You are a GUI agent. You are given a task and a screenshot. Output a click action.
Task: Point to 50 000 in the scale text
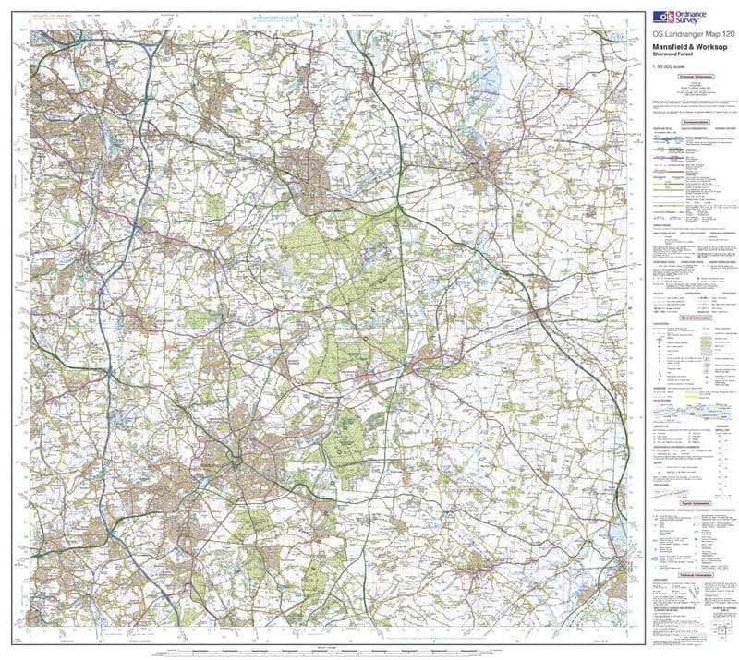coord(668,67)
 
